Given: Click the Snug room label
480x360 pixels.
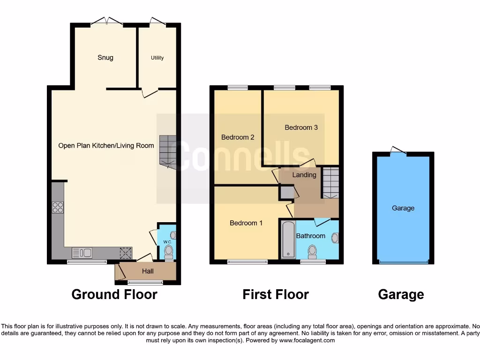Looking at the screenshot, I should [105, 58].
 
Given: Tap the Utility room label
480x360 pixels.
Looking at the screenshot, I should [157, 58].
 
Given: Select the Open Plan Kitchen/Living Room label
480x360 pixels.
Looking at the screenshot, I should [106, 145].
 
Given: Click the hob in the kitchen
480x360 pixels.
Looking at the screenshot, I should [58, 207].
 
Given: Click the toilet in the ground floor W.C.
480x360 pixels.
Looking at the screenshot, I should [169, 253].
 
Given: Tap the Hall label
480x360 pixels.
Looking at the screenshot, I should [149, 271].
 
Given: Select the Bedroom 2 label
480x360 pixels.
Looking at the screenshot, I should [238, 137].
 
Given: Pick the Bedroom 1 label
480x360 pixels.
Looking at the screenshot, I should [246, 223].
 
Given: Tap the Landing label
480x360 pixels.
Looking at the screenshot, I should [304, 175].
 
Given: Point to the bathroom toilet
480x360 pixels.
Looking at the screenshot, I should [311, 253].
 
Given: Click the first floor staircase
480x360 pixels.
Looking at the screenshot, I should [330, 182].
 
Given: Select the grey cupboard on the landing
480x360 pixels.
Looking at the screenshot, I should [285, 192].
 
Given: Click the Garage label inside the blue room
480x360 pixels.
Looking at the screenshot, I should [403, 208].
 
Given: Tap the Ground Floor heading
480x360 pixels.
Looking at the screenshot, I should [114, 294].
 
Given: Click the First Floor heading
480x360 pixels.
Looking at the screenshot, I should [275, 294].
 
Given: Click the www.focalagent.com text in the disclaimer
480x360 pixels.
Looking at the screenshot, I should [307, 340].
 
